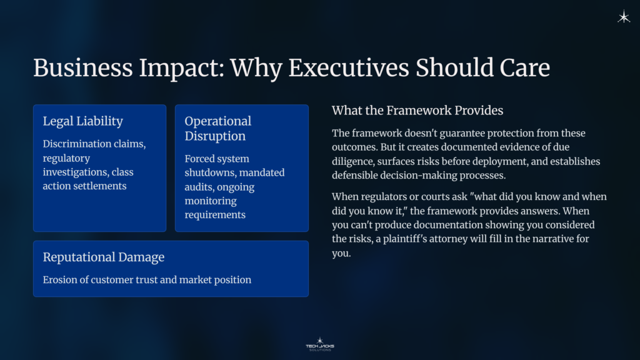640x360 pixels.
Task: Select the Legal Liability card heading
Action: click(82, 121)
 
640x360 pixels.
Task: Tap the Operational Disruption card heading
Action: click(217, 128)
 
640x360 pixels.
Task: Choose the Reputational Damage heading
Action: click(103, 257)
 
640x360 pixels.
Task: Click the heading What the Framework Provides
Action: click(417, 111)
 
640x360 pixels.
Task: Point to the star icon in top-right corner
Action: click(623, 17)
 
